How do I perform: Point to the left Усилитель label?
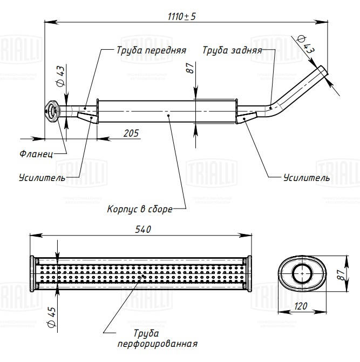click(x=42, y=177)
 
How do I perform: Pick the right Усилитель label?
click(x=306, y=177)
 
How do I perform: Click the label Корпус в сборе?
click(x=140, y=209)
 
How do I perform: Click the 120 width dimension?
click(x=302, y=306)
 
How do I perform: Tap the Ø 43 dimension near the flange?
click(x=60, y=76)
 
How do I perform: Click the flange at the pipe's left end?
click(x=52, y=111)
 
